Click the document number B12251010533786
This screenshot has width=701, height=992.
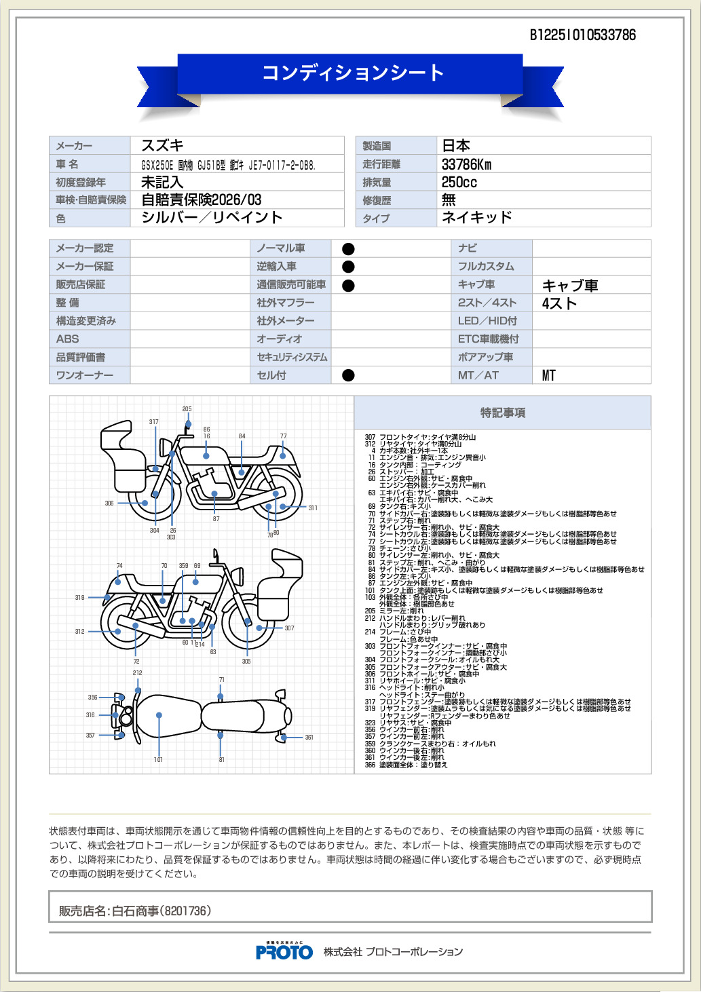[x=582, y=35]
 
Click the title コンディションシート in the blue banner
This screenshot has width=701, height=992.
[x=353, y=73]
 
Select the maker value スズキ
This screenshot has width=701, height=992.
[x=162, y=145]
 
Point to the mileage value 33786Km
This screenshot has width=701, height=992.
[x=466, y=164]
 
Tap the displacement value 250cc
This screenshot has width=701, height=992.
[x=459, y=182]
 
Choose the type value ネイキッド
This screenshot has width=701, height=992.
[x=476, y=217]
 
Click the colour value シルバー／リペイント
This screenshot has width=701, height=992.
[x=212, y=217]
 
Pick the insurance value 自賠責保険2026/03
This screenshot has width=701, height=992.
[x=201, y=199]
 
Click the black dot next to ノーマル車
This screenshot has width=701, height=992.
[x=348, y=249]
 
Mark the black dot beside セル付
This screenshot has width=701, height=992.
[x=348, y=375]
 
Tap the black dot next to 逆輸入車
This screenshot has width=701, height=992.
[x=348, y=267]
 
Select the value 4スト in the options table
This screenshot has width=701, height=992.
[x=559, y=303]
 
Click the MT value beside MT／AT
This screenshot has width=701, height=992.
[x=548, y=375]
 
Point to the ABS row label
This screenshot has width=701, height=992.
[x=67, y=339]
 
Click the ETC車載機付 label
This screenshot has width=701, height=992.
[x=488, y=339]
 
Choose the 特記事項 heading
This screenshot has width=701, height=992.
[x=502, y=413]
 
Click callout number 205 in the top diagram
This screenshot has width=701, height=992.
[x=187, y=409]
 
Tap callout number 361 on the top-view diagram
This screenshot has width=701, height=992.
[x=309, y=738]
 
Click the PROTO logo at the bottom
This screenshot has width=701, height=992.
[x=284, y=951]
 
